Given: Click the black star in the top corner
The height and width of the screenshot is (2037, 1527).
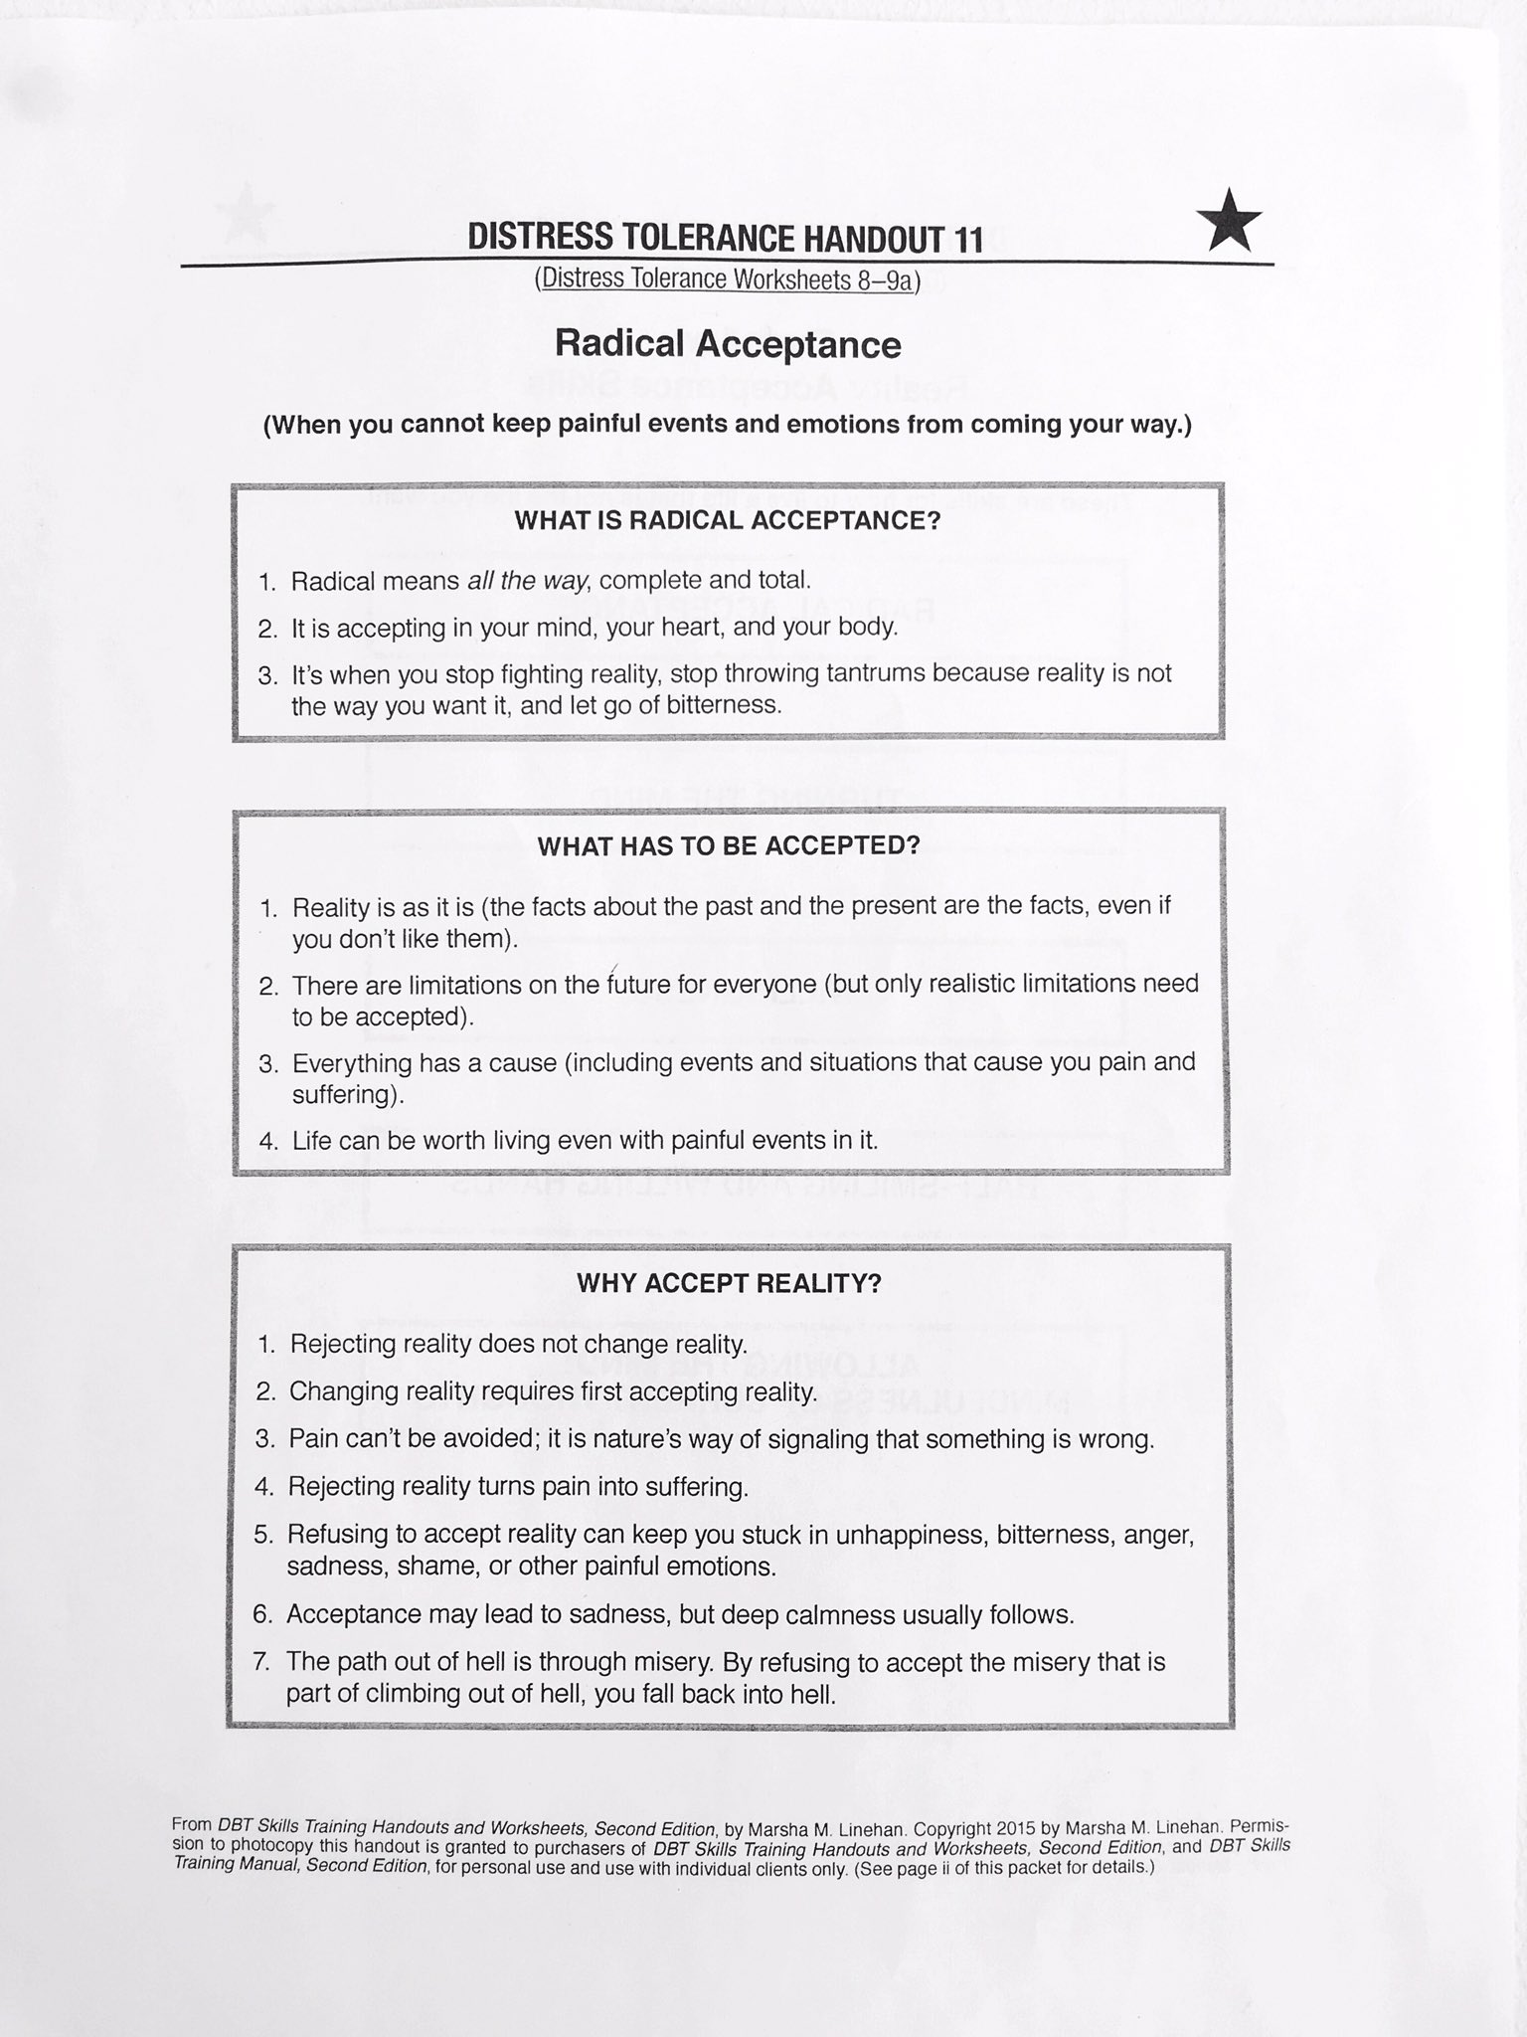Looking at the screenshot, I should (x=1230, y=222).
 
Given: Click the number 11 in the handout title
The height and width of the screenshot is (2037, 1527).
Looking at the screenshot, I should (x=966, y=240).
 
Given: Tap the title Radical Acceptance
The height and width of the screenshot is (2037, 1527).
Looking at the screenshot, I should (x=728, y=344).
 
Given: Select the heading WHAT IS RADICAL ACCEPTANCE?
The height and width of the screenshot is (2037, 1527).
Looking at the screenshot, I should (x=727, y=521).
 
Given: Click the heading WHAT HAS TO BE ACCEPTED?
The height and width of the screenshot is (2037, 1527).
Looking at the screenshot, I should (x=728, y=846).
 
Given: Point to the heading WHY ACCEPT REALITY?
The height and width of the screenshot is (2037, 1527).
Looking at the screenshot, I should (x=729, y=1283).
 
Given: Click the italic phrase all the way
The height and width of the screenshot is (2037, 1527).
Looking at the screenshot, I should (x=527, y=581).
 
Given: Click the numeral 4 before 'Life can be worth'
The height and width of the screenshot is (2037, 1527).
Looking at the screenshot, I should (x=267, y=1142).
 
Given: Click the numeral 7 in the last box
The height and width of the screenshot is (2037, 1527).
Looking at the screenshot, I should (x=262, y=1662).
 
